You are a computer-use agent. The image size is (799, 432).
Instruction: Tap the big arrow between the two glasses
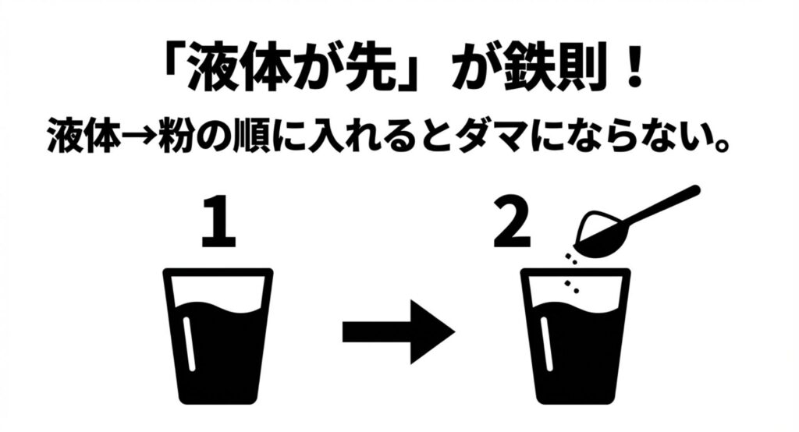[398, 332]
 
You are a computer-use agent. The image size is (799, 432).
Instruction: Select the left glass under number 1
[218, 336]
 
